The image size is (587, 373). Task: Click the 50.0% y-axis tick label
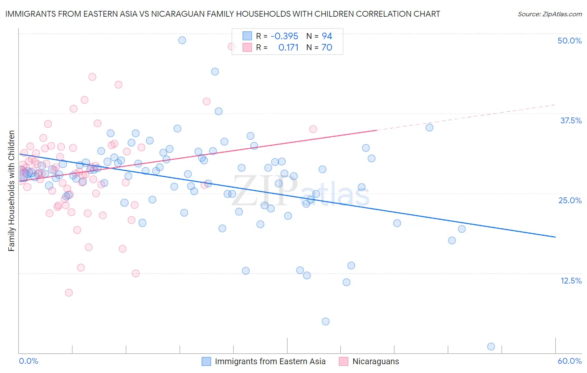point(569,41)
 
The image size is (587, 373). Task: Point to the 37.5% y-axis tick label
point(571,120)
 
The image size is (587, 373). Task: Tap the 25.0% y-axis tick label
point(570,200)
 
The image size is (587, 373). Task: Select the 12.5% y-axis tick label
point(571,281)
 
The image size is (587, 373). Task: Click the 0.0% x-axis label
point(28,361)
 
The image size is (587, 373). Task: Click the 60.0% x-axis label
point(569,361)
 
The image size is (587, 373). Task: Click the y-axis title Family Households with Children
point(12,191)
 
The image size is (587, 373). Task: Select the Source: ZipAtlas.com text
point(549,14)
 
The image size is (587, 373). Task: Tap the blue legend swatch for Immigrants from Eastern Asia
point(206,361)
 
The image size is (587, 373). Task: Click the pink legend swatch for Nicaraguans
point(344,361)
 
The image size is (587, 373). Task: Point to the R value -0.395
point(284,36)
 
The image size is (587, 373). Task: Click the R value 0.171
point(288,48)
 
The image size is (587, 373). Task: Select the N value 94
point(327,36)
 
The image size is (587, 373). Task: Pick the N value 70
point(327,48)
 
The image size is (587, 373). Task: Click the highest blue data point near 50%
point(182,40)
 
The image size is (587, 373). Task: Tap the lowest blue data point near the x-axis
point(491,346)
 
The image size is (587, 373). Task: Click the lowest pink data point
point(69,293)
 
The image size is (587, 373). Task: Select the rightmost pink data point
point(313,129)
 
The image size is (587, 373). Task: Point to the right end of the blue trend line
point(555,237)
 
